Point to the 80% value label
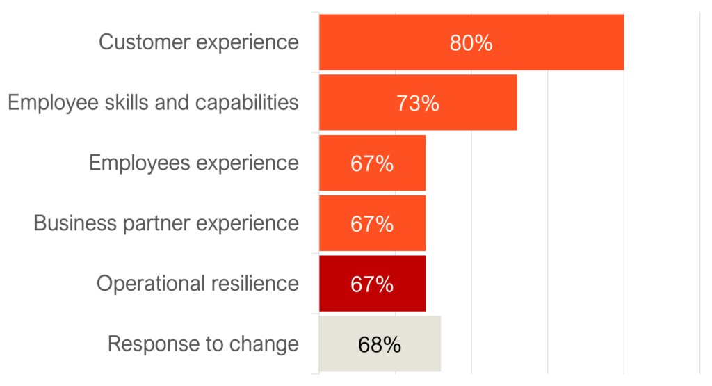click(471, 43)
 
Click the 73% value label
click(418, 104)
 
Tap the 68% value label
click(380, 345)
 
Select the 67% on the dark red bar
click(372, 284)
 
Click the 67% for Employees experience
click(372, 164)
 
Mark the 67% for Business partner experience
click(372, 225)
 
